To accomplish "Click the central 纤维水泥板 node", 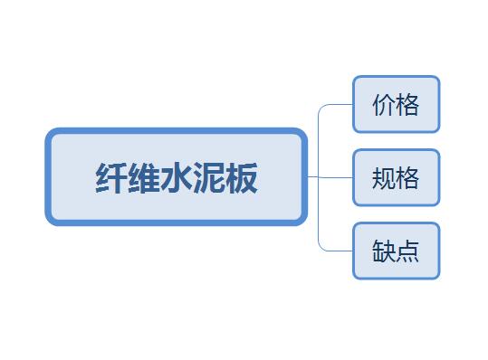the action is pos(177,176).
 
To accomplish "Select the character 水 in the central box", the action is pos(177,178).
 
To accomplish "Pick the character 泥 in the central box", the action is pos(209,178).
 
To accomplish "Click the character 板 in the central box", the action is pos(241,178).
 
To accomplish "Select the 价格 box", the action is pos(397,104).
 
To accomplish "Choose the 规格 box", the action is pos(397,177).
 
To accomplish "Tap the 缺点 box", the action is pos(397,251).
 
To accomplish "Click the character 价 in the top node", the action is pos(384,105).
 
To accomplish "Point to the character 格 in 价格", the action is pos(407,105).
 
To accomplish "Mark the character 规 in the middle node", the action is pos(384,178).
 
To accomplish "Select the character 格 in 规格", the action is pos(407,178).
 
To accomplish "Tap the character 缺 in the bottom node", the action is pos(384,251).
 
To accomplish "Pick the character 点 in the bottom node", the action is pos(407,251).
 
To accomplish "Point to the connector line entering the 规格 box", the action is pos(330,177).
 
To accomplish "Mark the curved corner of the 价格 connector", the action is pos(321,107).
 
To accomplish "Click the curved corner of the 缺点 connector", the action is pos(321,249).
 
